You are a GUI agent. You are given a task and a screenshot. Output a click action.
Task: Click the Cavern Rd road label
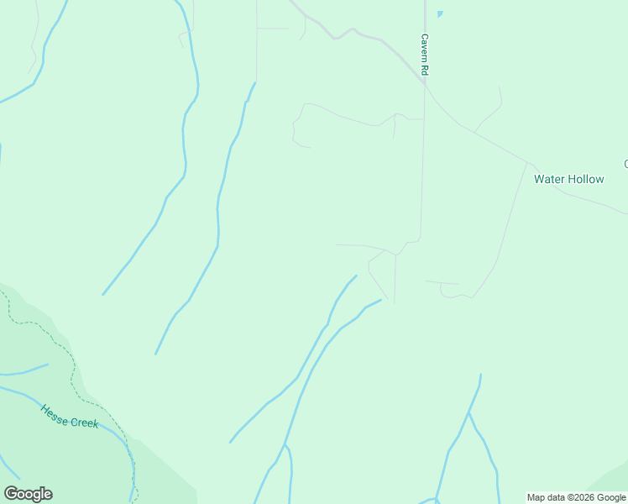click(x=425, y=55)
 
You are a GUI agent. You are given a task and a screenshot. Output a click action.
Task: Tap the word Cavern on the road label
click(x=425, y=50)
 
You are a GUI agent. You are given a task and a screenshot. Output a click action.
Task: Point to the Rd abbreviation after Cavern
click(x=425, y=72)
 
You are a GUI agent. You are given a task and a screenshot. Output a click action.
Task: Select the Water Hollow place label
click(x=568, y=179)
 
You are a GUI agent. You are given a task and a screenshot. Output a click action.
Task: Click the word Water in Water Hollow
click(x=550, y=179)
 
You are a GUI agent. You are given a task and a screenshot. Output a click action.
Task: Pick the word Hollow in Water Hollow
click(x=586, y=179)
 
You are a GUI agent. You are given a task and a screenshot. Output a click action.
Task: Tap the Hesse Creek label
click(x=70, y=416)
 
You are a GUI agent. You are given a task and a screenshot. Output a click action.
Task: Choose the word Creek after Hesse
click(x=85, y=422)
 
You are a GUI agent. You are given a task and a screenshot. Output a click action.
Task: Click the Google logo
click(x=28, y=494)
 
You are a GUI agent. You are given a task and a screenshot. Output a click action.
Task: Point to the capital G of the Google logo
click(x=11, y=494)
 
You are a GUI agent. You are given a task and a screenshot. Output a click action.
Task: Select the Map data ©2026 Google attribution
click(x=576, y=497)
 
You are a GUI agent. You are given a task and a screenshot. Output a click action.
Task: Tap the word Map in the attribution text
click(x=536, y=497)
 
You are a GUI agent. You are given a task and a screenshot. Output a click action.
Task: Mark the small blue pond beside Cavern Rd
click(x=439, y=14)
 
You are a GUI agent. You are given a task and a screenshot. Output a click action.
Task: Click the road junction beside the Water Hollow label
click(x=530, y=162)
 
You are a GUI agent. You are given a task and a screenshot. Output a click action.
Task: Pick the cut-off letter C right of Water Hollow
click(x=625, y=163)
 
